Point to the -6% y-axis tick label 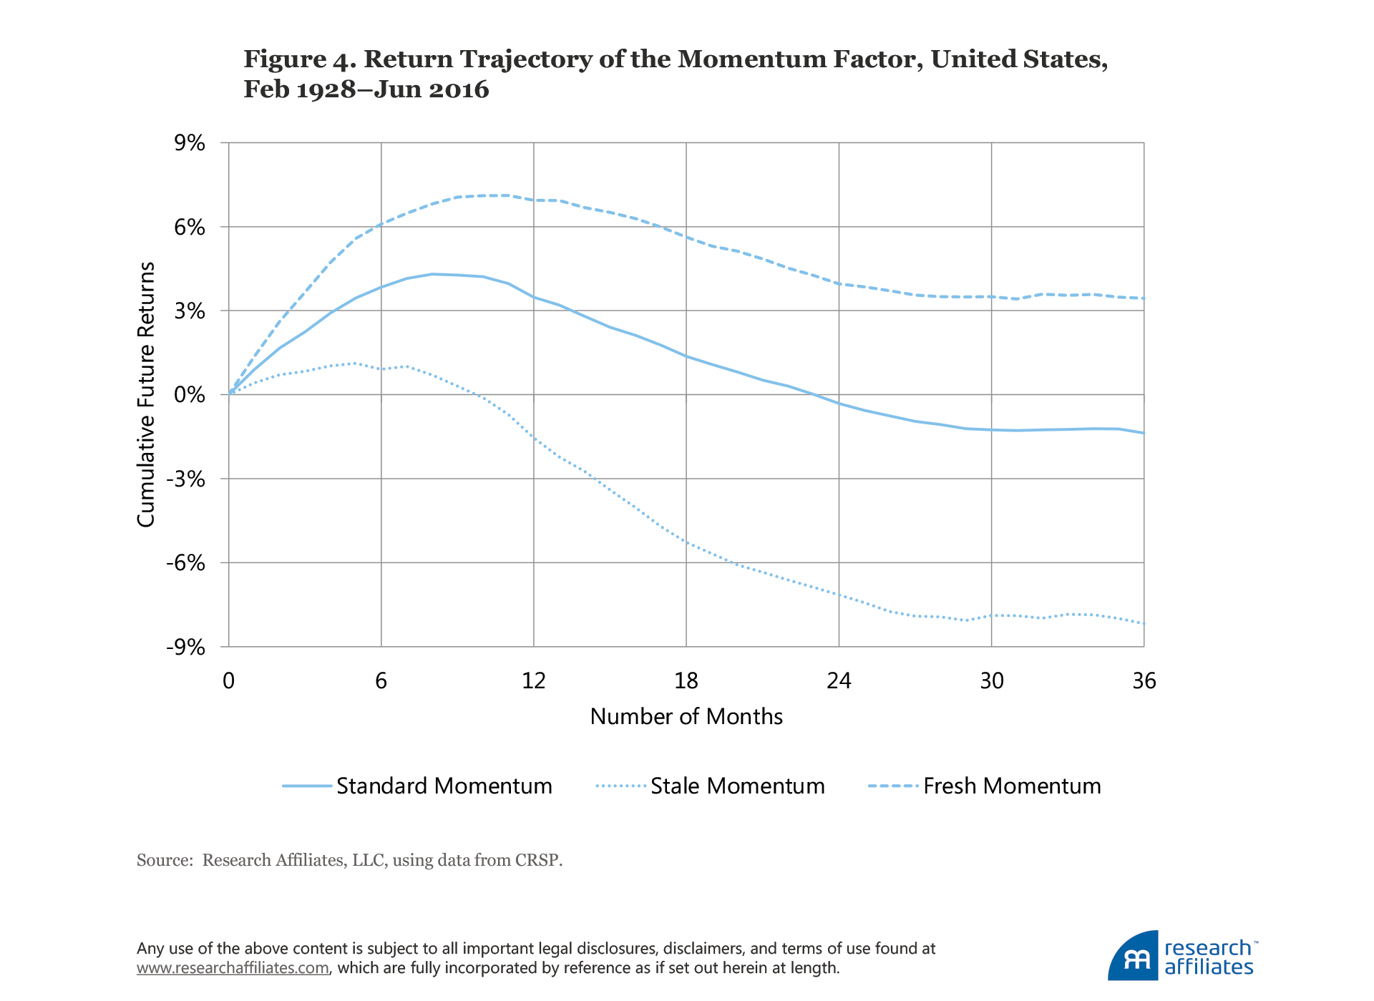click(x=186, y=562)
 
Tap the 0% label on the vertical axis click(x=190, y=394)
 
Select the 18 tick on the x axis click(x=686, y=680)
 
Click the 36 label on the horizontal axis click(x=1144, y=680)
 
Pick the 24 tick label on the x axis click(x=839, y=680)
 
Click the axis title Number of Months click(x=686, y=716)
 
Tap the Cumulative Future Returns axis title click(x=146, y=394)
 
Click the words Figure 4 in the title click(x=297, y=59)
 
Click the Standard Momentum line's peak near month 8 click(x=432, y=274)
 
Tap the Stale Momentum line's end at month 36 click(x=1143, y=623)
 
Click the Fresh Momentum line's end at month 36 click(x=1143, y=298)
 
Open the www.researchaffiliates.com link click(x=233, y=968)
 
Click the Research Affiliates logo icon click(x=1133, y=956)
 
